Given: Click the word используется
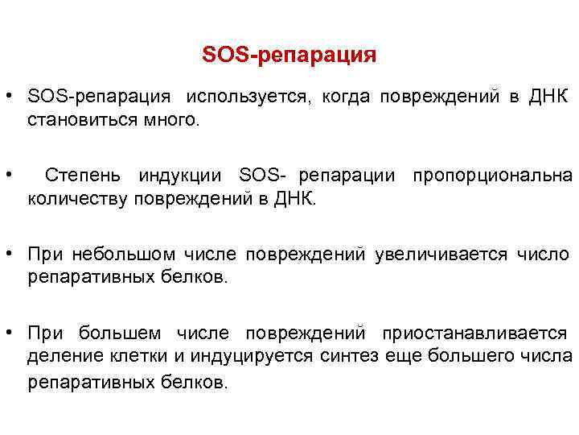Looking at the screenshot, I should pyautogui.click(x=246, y=97).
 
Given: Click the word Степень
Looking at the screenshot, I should pyautogui.click(x=84, y=176).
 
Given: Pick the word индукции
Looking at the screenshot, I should pyautogui.click(x=183, y=176).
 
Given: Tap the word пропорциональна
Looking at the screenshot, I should pyautogui.click(x=492, y=176).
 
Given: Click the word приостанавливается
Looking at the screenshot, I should pyautogui.click(x=474, y=333).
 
